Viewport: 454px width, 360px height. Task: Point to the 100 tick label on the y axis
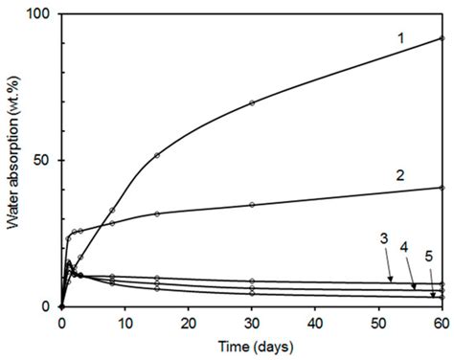point(39,15)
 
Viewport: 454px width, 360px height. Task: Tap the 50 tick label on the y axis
point(43,161)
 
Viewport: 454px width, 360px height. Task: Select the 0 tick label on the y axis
point(47,307)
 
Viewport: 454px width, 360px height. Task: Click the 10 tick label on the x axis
point(125,323)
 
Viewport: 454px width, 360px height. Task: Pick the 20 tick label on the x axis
point(188,323)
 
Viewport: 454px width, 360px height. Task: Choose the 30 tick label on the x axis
point(251,323)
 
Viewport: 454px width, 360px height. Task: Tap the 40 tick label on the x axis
point(315,323)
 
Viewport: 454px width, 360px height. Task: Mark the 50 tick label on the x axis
point(378,323)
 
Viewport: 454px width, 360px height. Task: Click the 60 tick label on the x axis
point(442,323)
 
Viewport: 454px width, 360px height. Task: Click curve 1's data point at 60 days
point(442,39)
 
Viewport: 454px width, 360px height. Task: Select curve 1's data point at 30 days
point(252,102)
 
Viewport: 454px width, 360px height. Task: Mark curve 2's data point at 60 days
point(442,188)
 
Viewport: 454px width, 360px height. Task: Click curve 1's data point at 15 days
point(157,155)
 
